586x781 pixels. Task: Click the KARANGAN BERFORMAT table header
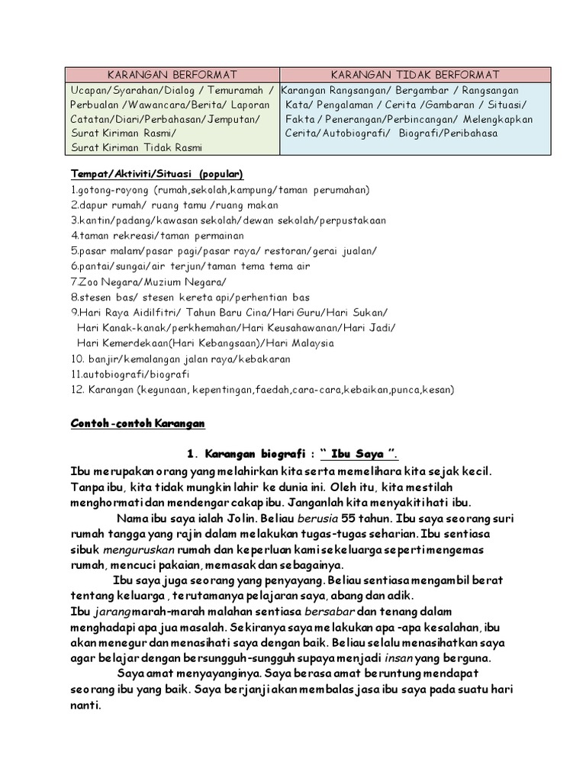tap(172, 74)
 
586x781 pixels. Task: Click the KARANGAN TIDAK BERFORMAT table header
tap(415, 74)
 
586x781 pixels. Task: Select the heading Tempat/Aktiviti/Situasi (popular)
tap(156, 174)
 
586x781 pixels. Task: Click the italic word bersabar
tap(330, 612)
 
